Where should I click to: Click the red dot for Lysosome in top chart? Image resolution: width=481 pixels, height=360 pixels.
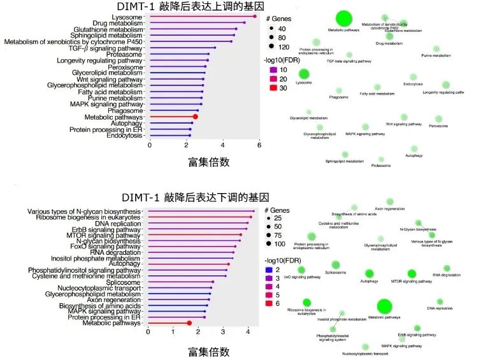255,17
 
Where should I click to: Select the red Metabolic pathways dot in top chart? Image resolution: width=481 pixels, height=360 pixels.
196,117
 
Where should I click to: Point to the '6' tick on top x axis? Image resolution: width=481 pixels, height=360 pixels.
259,145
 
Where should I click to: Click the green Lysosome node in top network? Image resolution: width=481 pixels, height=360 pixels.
304,74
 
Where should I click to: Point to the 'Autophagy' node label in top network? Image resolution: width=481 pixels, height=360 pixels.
413,155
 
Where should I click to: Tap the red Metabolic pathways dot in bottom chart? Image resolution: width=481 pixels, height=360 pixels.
189,323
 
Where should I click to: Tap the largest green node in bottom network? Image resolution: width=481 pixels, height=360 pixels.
384,307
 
